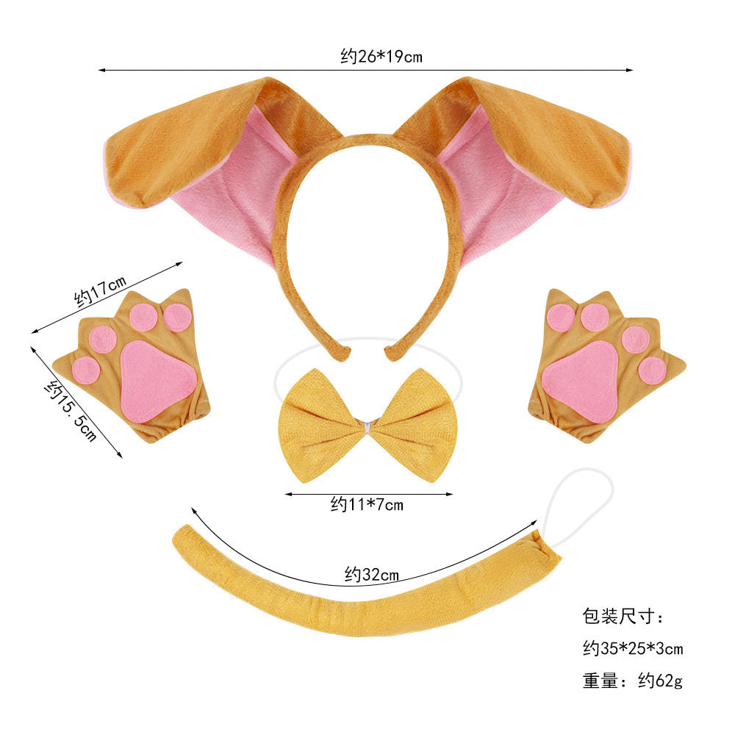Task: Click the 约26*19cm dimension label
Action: click(381, 57)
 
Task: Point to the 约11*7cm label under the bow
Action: click(367, 505)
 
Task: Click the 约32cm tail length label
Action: click(371, 574)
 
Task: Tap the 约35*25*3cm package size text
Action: click(633, 649)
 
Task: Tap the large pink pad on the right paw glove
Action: click(581, 381)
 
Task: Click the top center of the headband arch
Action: click(368, 139)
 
